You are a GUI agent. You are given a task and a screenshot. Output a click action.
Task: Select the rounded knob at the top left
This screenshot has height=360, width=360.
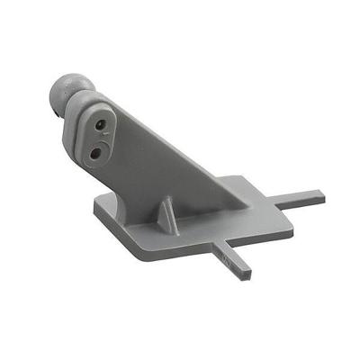(x=63, y=94)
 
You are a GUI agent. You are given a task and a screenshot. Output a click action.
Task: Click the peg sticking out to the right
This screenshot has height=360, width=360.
(x=301, y=195)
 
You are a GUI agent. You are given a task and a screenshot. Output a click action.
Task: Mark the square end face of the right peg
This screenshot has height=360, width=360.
(x=322, y=193)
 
